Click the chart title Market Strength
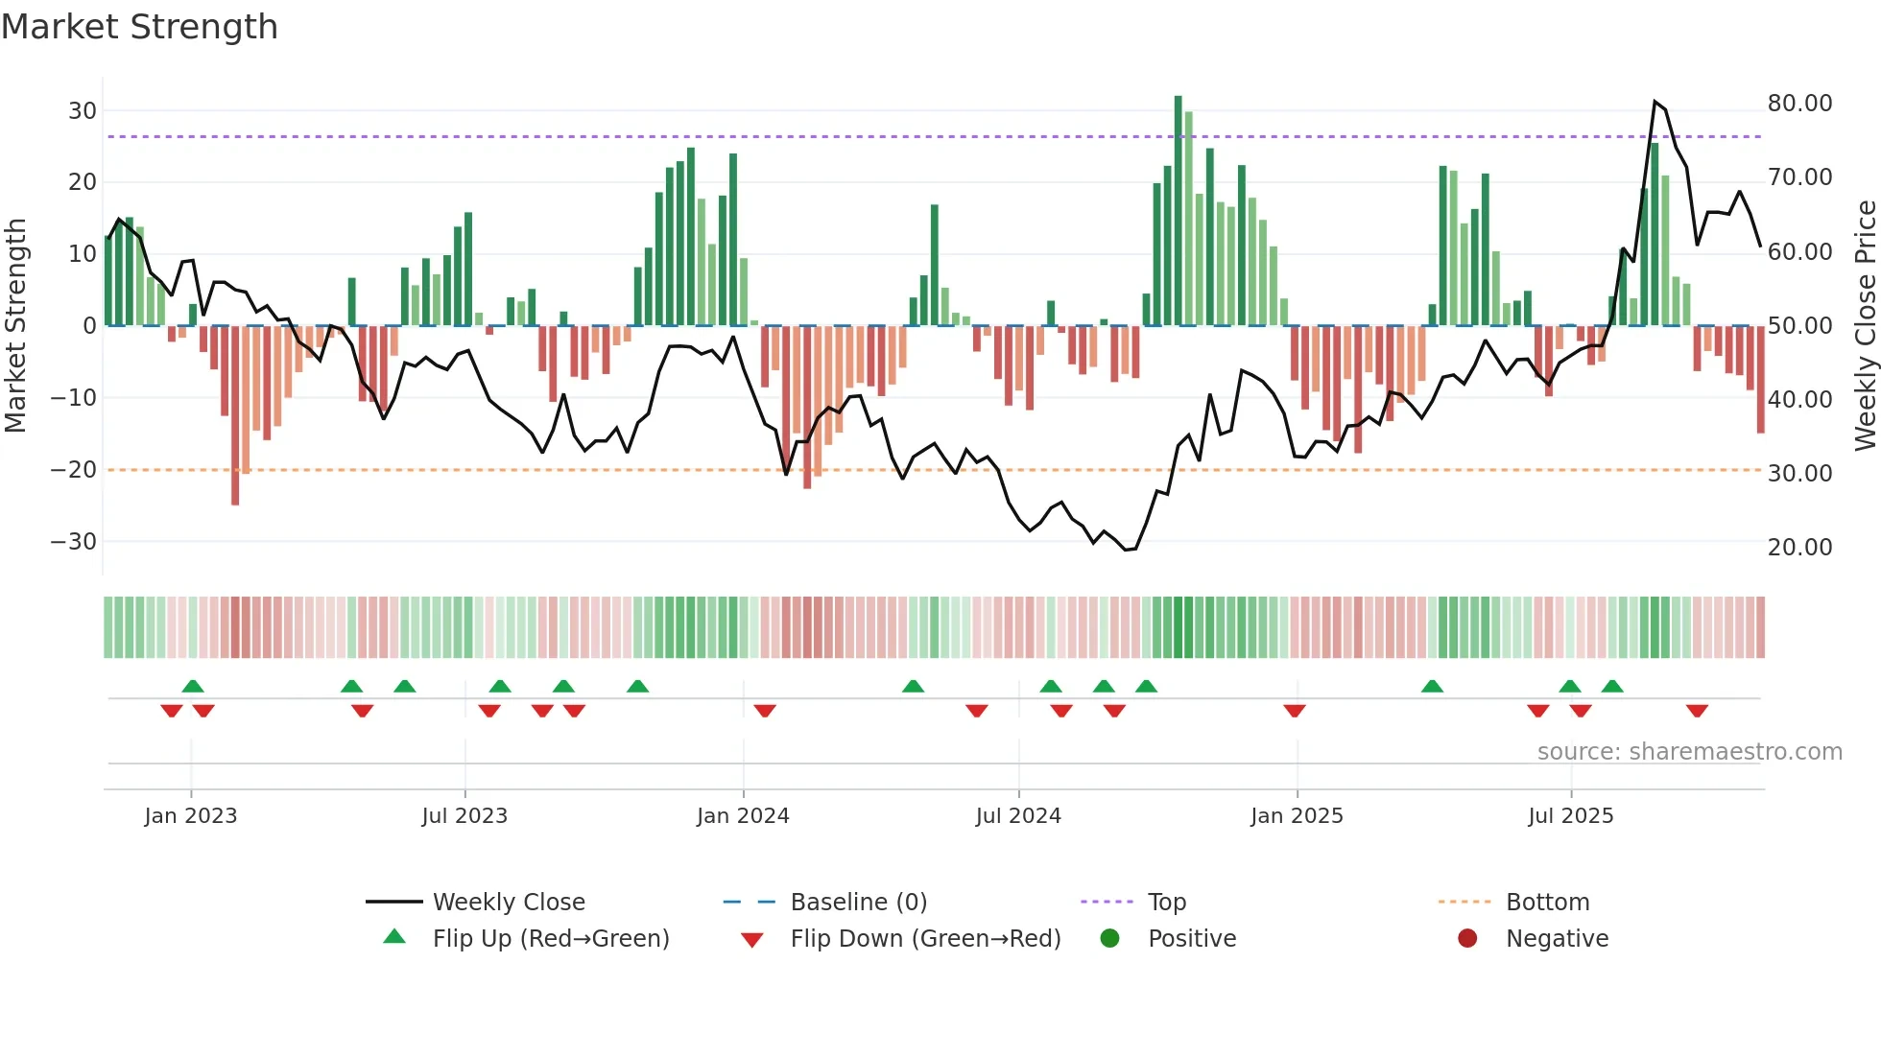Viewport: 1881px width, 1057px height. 140,27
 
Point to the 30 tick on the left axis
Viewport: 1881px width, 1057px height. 83,110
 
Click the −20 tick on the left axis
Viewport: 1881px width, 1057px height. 74,470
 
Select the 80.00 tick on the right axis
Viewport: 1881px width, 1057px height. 1799,104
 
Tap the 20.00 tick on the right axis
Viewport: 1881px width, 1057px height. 1799,548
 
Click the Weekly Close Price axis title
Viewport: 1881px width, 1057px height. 1865,326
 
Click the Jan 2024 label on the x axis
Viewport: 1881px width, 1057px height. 743,816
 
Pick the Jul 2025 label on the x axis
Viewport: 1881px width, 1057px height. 1570,816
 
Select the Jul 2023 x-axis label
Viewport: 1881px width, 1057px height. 464,816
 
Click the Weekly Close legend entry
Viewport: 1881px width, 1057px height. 508,903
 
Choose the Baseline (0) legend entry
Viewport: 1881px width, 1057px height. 858,903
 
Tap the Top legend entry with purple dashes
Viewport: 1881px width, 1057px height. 1166,903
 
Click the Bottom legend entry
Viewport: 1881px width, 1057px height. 1547,903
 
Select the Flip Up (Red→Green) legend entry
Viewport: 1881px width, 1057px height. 550,939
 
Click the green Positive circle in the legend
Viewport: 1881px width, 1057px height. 1109,939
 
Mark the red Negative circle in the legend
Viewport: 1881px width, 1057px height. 1466,939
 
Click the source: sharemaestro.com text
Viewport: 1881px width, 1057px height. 1689,752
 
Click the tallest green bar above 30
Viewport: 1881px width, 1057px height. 1178,211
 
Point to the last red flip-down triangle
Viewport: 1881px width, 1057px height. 1696,711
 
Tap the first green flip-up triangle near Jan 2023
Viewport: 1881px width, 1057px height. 193,686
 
